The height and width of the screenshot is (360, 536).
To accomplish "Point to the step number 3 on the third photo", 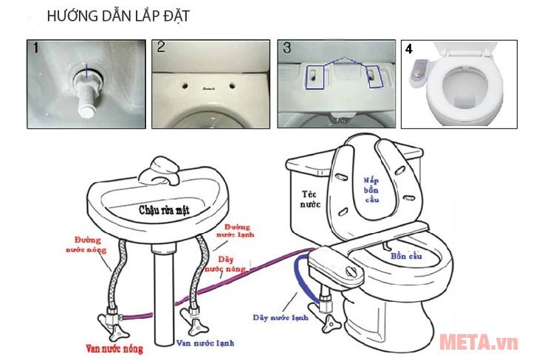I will [287, 49].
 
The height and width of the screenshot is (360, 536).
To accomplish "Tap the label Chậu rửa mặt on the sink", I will [165, 210].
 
